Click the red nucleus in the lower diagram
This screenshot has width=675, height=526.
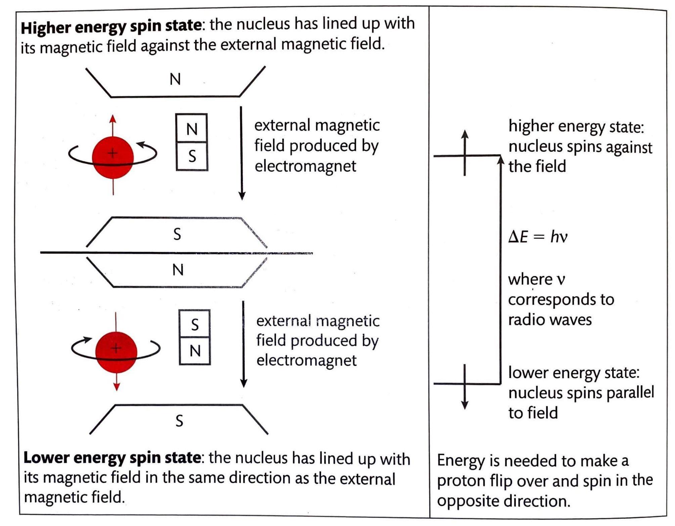(116, 352)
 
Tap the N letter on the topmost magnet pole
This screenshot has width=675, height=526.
(175, 79)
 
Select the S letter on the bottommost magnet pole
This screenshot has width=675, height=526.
(179, 421)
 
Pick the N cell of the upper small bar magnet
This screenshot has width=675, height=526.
(192, 129)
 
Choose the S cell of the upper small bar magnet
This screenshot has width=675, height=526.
(192, 156)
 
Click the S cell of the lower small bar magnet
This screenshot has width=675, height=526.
(195, 324)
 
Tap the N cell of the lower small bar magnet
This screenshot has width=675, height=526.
(195, 351)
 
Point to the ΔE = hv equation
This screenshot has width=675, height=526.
(538, 237)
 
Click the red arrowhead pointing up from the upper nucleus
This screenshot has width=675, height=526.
(113, 119)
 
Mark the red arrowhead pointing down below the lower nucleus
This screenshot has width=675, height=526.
(116, 387)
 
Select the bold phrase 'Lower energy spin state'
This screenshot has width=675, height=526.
(112, 458)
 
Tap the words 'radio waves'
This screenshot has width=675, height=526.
(550, 320)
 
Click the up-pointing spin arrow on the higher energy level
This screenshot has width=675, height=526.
(464, 134)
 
